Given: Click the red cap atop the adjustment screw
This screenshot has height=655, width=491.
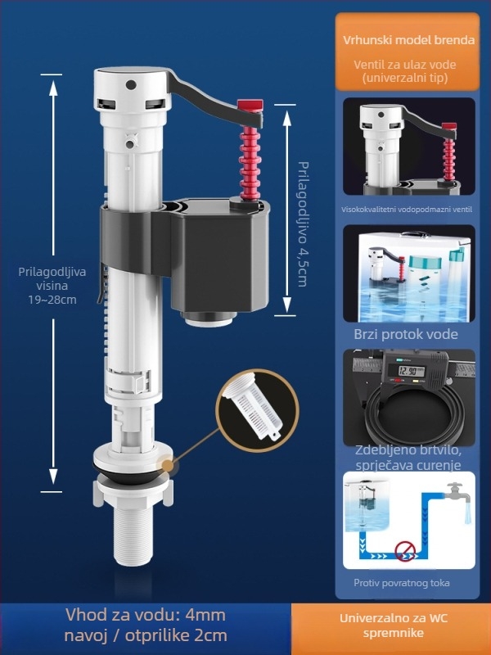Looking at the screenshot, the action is (250, 106).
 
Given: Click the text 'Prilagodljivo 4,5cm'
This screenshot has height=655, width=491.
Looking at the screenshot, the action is (302, 224).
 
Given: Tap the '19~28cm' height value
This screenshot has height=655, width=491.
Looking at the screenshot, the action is (52, 300).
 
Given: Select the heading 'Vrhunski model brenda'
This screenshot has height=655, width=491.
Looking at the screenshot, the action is (408, 40).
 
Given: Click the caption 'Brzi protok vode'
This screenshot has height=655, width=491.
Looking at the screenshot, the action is (406, 334).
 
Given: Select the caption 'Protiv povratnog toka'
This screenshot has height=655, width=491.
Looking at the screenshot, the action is (402, 583).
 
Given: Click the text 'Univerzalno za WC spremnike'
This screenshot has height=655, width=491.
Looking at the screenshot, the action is (394, 626).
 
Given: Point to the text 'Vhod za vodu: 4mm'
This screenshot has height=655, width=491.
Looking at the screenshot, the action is (146, 615).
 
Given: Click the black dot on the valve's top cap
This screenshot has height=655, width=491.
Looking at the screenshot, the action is (131, 85).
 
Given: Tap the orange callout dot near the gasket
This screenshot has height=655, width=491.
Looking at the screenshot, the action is (168, 466).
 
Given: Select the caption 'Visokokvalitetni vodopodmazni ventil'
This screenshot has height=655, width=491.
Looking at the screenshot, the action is (407, 210).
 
